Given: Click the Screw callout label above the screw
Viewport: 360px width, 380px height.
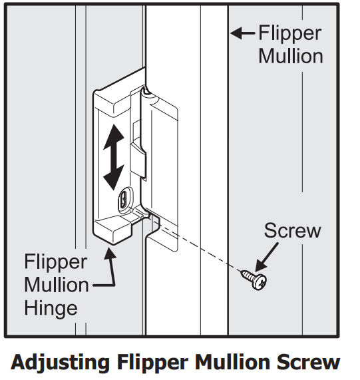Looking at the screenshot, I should pos(292,231).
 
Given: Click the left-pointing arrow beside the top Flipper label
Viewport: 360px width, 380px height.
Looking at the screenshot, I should pos(242,33).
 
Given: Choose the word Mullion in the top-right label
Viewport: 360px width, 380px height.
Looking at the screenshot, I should pos(291,55).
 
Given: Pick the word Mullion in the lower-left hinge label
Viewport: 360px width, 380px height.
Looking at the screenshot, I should pos(57,285).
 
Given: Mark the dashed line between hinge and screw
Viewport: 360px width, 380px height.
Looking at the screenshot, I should pos(200,244).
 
